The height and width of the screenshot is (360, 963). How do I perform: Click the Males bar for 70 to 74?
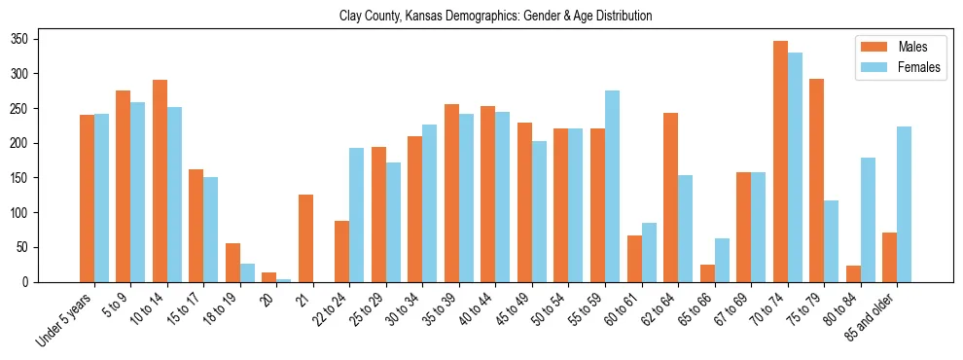(x=780, y=162)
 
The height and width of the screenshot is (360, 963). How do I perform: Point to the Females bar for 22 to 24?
(x=357, y=215)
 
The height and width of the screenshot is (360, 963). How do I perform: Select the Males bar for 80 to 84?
(x=853, y=273)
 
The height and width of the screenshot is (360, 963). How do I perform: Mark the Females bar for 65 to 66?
(x=722, y=260)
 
